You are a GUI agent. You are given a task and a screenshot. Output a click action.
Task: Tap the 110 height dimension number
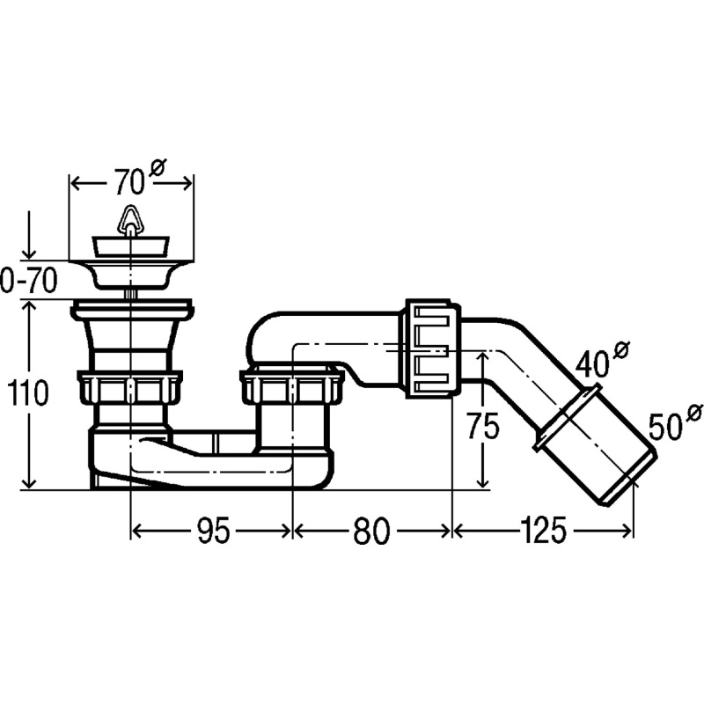[x=27, y=392]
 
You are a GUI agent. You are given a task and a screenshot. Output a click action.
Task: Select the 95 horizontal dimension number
[x=213, y=532]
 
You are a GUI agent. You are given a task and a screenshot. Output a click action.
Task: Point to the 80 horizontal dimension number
[x=370, y=532]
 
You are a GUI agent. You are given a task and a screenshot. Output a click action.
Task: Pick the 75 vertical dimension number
[x=482, y=426]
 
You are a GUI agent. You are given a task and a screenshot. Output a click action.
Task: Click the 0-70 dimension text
[x=29, y=281]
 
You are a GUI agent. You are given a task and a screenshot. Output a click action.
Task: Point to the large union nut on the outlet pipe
[x=433, y=348]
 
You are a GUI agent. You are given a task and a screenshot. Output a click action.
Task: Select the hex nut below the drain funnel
[x=129, y=387]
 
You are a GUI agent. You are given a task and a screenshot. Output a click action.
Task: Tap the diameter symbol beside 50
[x=695, y=413]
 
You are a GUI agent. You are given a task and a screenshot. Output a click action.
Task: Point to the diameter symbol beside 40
[x=622, y=349]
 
